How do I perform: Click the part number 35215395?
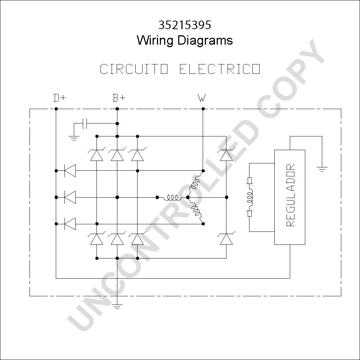tap(185, 25)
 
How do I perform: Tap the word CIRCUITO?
tap(134, 69)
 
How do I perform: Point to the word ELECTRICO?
tap(220, 69)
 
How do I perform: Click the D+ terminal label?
tap(59, 98)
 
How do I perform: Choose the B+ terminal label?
tap(119, 98)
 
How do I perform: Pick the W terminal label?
tap(202, 98)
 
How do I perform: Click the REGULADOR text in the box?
tap(291, 195)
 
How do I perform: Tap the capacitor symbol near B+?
tap(85, 123)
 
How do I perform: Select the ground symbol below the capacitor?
tap(74, 138)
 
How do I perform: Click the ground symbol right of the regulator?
tap(322, 170)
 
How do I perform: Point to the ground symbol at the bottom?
tap(117, 307)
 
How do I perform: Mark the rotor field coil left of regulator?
tap(249, 197)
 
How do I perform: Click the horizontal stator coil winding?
tap(172, 197)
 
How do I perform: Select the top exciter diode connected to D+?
tap(70, 171)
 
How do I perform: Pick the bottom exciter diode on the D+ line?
tap(70, 224)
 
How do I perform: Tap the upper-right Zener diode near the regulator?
tap(226, 154)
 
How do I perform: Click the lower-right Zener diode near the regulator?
tap(226, 238)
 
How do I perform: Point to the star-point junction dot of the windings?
tap(188, 197)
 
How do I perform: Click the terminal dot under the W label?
tap(203, 109)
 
